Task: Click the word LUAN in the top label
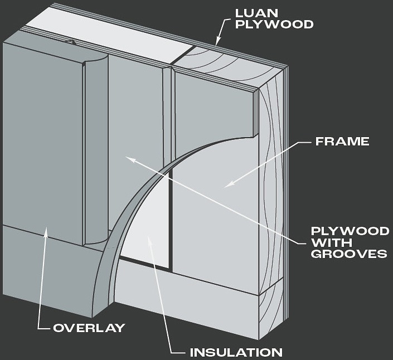point(257,13)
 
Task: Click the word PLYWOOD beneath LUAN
point(274,25)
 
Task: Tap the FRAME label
point(342,142)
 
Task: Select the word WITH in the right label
point(331,242)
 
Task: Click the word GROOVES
point(349,254)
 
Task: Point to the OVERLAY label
point(89,328)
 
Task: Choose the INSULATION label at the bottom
point(236,353)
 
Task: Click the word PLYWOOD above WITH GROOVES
point(350,231)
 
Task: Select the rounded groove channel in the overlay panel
point(97,150)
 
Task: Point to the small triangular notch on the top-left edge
point(72,42)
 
